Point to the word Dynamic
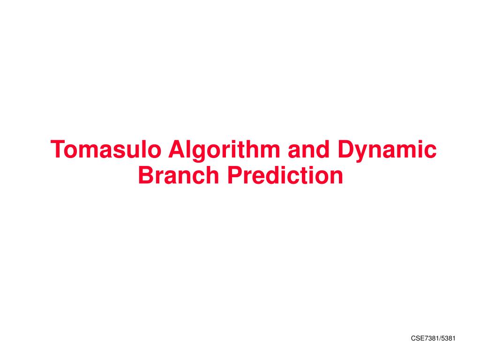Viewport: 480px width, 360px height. pyautogui.click(x=387, y=150)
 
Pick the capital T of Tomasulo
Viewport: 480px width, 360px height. pyautogui.click(x=58, y=150)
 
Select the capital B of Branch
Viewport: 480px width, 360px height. pyautogui.click(x=146, y=175)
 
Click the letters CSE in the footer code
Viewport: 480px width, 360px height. pyautogui.click(x=418, y=338)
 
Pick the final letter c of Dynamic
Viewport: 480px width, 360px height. pyautogui.click(x=430, y=151)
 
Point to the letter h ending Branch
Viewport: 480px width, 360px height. pyautogui.click(x=213, y=175)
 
